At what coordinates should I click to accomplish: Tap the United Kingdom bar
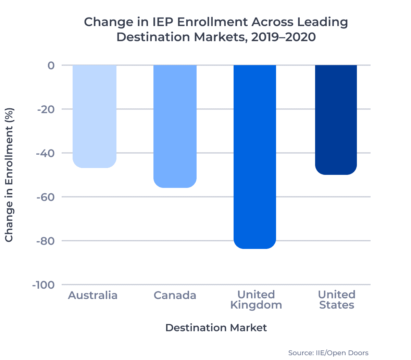(x=255, y=156)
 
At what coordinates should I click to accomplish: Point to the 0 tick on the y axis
(x=51, y=65)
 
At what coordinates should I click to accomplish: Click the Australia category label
(x=93, y=295)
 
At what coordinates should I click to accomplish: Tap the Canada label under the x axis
(x=175, y=295)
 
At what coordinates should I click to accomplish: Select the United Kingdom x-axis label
(x=256, y=300)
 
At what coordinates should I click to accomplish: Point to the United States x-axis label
(x=337, y=300)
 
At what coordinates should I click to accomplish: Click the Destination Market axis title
(x=216, y=328)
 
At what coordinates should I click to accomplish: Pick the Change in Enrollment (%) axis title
(x=9, y=175)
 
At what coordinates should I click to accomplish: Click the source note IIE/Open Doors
(x=328, y=353)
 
